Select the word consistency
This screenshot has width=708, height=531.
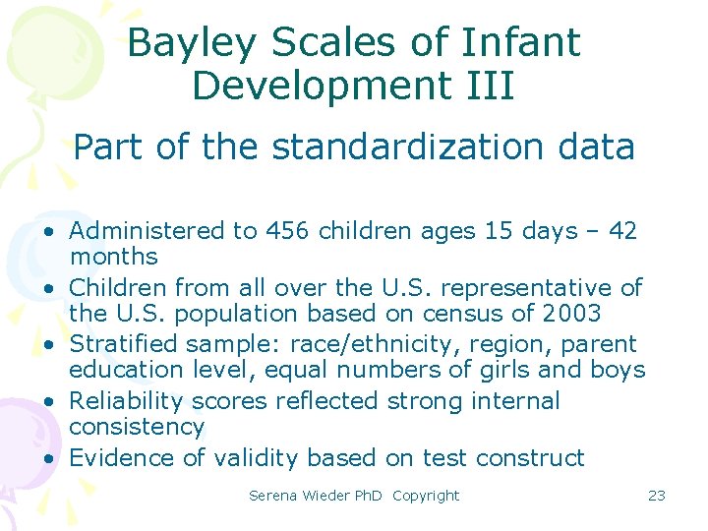(137, 427)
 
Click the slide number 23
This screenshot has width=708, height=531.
(656, 496)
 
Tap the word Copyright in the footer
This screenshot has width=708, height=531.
(425, 496)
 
